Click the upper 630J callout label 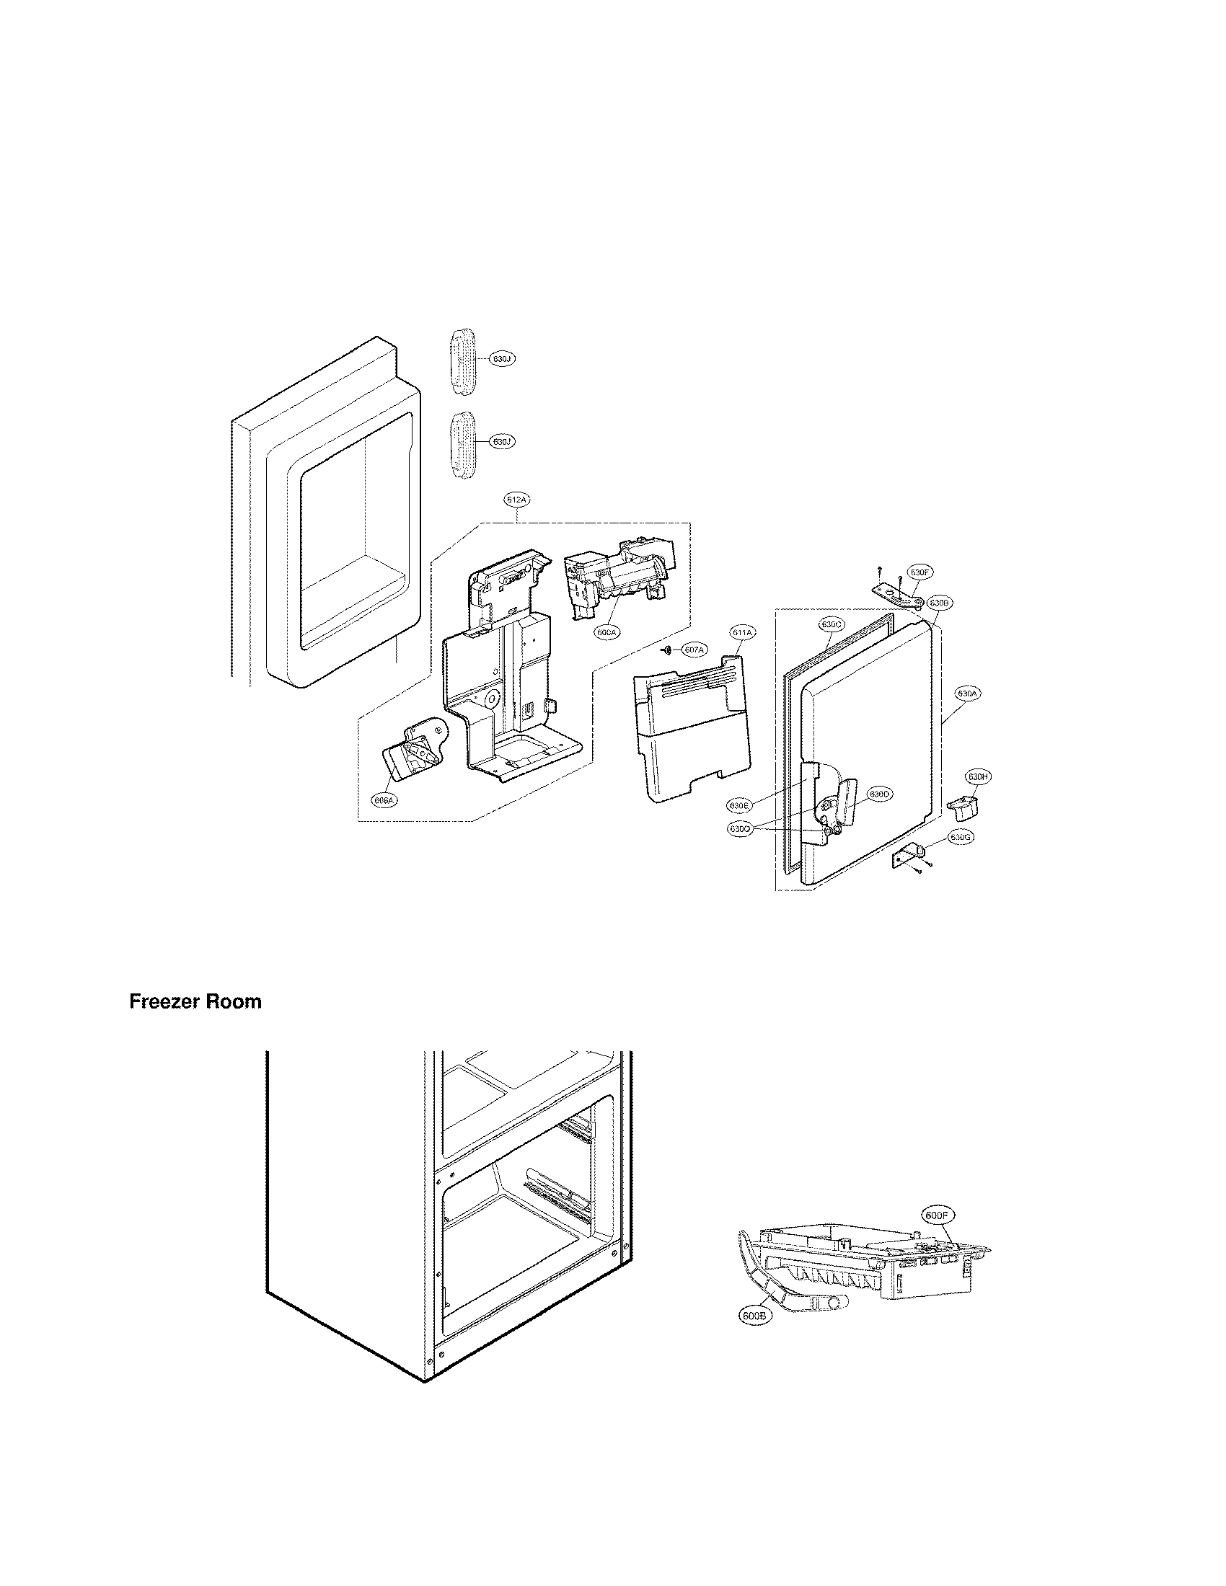pos(502,360)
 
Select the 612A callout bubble pos(516,500)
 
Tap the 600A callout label pos(607,632)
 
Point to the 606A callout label pos(384,800)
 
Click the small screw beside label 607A pos(666,650)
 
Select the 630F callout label pos(919,573)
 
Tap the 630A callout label pos(966,694)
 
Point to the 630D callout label pos(879,794)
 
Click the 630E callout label pos(740,805)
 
